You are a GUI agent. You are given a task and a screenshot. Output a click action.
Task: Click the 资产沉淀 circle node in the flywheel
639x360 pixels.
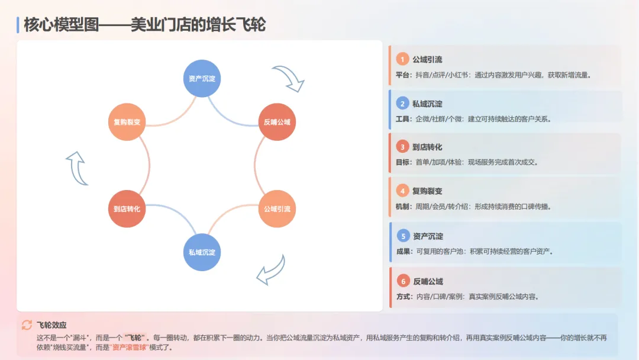(x=202, y=78)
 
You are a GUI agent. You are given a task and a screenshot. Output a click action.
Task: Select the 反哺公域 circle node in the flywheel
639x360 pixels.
(x=277, y=123)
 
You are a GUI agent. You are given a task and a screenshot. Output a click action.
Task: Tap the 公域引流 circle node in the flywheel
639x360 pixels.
(x=277, y=209)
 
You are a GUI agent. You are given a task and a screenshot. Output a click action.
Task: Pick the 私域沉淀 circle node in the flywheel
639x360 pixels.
(x=202, y=252)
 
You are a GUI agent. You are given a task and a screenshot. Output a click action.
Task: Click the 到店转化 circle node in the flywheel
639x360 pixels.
(x=127, y=209)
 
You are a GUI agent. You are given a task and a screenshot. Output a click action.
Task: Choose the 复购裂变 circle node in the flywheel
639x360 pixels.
(x=127, y=123)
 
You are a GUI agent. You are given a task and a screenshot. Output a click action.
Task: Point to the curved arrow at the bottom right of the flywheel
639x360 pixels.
(x=272, y=269)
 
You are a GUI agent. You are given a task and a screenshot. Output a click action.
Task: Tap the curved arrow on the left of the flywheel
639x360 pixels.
(x=77, y=168)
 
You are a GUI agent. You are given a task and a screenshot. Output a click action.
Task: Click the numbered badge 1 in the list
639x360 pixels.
(x=403, y=59)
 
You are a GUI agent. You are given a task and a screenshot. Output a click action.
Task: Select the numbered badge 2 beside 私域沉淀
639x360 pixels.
(x=403, y=104)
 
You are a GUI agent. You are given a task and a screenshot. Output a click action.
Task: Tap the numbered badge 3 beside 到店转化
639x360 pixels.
(x=403, y=147)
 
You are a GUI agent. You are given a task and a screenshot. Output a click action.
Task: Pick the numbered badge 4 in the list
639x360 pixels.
(x=403, y=191)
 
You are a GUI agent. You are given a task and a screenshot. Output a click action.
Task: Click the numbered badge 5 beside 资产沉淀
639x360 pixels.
(x=403, y=236)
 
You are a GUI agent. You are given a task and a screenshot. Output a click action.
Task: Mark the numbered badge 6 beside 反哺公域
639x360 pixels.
(x=403, y=281)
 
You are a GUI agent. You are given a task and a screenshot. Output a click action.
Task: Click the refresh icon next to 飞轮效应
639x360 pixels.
(x=27, y=324)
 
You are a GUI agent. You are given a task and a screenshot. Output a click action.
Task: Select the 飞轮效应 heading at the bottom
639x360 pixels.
(x=51, y=325)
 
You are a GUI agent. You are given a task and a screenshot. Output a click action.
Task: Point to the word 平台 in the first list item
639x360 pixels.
(x=403, y=75)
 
